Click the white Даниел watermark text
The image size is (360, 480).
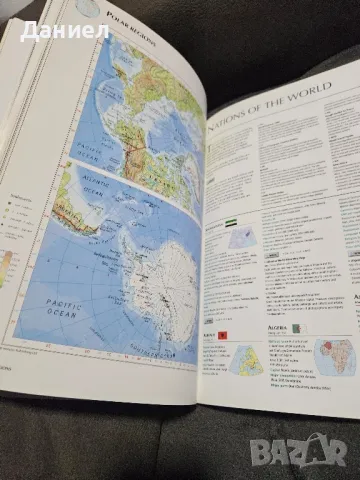click(x=64, y=31)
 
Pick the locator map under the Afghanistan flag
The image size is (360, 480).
click(x=241, y=238)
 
